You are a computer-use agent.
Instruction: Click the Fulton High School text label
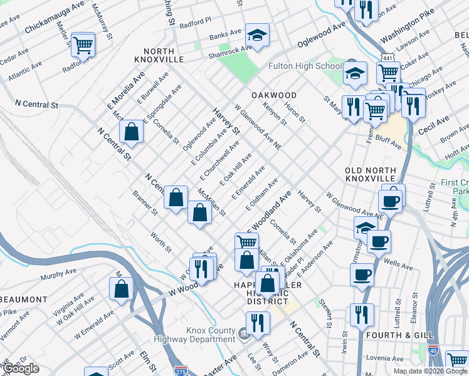tap(305, 66)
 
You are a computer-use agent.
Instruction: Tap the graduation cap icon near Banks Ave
tap(256, 35)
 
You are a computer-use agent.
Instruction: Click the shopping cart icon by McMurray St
tap(82, 44)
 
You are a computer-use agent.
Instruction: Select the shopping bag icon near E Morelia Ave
tap(131, 132)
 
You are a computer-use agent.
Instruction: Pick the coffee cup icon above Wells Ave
tap(378, 241)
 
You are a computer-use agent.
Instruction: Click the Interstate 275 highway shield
tap(181, 370)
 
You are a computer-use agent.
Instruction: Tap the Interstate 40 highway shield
tap(433, 350)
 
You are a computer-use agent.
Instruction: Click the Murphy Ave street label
tap(58, 276)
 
